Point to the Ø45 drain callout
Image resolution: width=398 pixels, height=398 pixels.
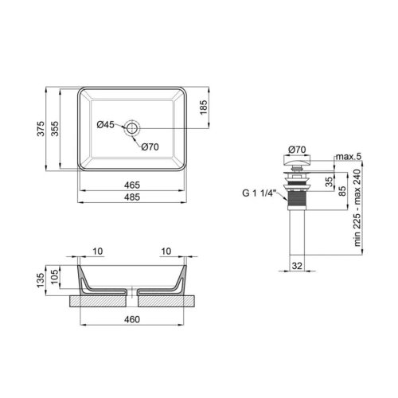(x=107, y=125)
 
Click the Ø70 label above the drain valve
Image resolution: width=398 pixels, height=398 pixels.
(x=297, y=149)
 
